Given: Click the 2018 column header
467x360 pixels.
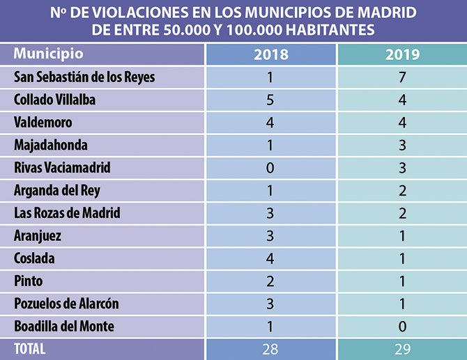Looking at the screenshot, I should point(271,54).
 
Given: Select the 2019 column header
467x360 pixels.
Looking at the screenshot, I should point(402,54).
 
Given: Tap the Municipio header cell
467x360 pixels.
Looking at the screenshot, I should point(49,54).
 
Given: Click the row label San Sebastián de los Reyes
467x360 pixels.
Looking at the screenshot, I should point(84,77).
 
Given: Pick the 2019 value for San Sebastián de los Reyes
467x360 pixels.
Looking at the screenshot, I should point(402,77).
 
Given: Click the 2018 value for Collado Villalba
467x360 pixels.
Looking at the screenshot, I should point(271,100).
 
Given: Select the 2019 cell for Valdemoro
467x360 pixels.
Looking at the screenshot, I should point(402,123).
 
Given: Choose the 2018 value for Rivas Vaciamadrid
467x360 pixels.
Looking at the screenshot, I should point(271,168).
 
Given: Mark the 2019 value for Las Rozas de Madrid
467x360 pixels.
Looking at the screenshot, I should point(402,213).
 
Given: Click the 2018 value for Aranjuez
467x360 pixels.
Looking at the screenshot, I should point(271,236).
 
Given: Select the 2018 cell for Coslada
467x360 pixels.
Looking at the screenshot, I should point(271,258).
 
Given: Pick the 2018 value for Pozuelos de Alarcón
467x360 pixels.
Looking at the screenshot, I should point(271,304).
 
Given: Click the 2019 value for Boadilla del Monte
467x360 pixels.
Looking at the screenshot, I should point(402,327).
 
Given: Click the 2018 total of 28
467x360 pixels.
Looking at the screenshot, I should point(271,349).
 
